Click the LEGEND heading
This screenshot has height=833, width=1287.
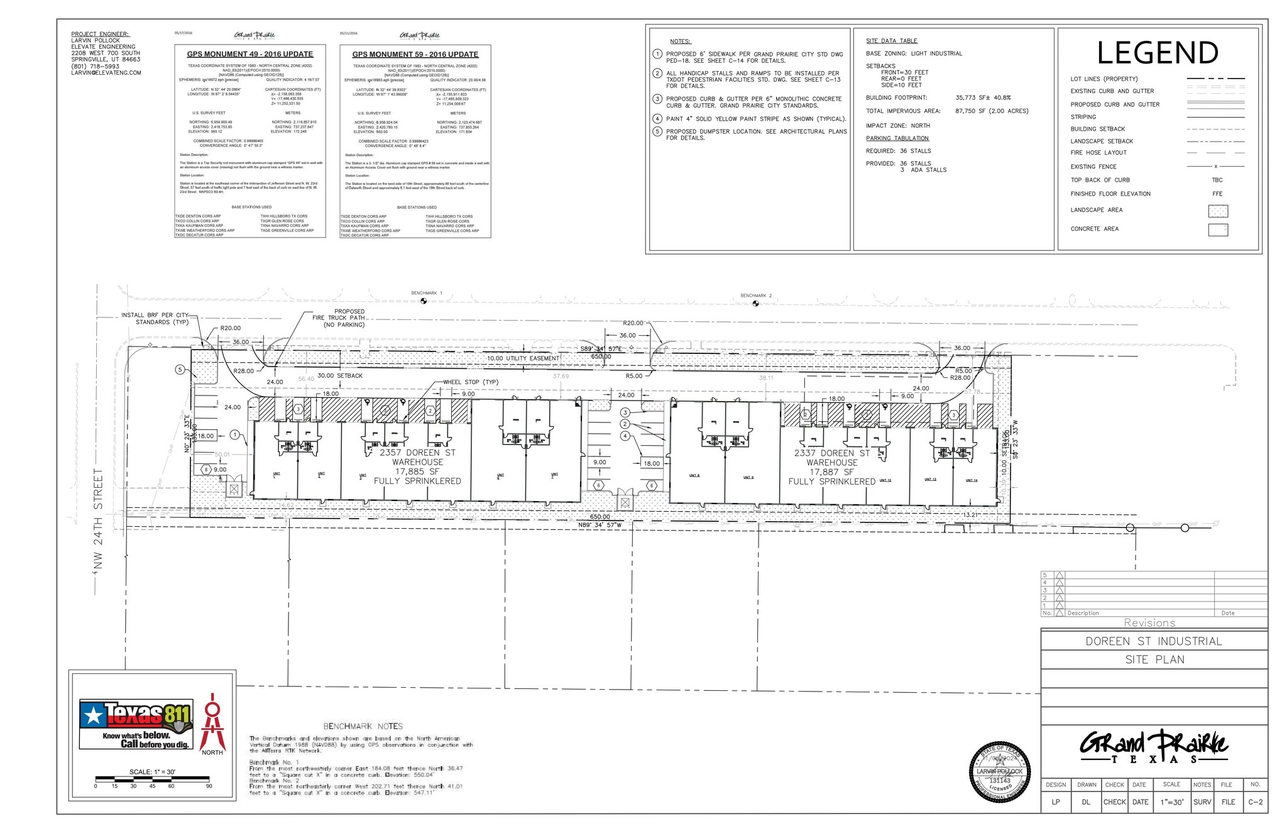pyautogui.click(x=1158, y=53)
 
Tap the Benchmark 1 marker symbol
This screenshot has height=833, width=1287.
pyautogui.click(x=424, y=301)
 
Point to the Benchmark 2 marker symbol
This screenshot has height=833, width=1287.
pyautogui.click(x=755, y=304)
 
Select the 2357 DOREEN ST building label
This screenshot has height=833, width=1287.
pyautogui.click(x=417, y=453)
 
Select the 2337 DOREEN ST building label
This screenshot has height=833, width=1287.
pyautogui.click(x=831, y=453)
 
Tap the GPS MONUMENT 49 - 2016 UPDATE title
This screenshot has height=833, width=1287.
pyautogui.click(x=250, y=55)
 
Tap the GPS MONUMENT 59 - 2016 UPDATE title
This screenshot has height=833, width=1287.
pyautogui.click(x=415, y=55)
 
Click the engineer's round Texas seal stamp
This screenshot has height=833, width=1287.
pyautogui.click(x=1000, y=773)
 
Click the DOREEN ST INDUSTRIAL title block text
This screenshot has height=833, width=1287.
pyautogui.click(x=1154, y=641)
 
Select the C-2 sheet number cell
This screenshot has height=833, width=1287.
pyautogui.click(x=1255, y=802)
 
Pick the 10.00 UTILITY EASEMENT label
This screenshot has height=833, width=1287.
pyautogui.click(x=523, y=358)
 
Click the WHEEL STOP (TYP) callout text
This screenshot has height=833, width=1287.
pyautogui.click(x=471, y=382)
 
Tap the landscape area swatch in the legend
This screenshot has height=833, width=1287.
pyautogui.click(x=1217, y=211)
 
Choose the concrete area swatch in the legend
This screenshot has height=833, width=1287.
pyautogui.click(x=1217, y=229)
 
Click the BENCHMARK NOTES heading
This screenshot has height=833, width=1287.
pyautogui.click(x=363, y=726)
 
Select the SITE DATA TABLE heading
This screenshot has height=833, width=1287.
pyautogui.click(x=891, y=41)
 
